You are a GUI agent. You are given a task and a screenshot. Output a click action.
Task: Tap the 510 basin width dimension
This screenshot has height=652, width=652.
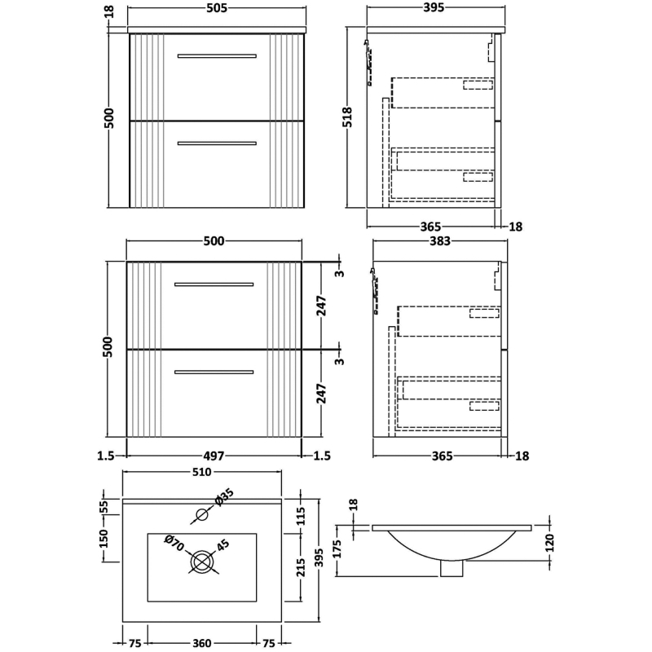tap(201, 472)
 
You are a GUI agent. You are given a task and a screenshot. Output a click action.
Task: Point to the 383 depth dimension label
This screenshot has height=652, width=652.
tap(439, 240)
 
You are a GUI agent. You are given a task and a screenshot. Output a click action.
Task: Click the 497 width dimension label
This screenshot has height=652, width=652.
tap(214, 456)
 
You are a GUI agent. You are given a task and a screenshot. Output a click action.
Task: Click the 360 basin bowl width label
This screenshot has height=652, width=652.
tap(201, 643)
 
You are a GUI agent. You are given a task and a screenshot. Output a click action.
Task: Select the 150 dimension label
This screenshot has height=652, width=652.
tap(104, 539)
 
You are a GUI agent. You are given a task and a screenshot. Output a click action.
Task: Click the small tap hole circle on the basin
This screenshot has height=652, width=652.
tap(201, 515)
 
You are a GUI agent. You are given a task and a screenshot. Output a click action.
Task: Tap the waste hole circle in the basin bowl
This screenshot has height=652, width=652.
tap(201, 561)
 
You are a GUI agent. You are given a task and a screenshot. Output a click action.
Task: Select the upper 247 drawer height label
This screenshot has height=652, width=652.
tap(323, 306)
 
